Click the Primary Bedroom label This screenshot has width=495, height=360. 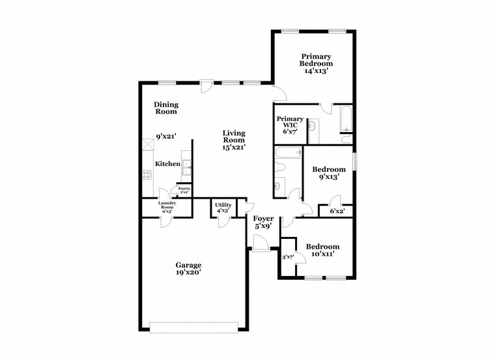point(316,63)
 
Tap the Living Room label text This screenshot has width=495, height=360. point(234,139)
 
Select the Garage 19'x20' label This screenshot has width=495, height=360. point(188,269)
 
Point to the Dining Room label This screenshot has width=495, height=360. point(166,108)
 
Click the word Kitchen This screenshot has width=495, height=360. point(167,164)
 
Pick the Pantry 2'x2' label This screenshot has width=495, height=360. point(184,190)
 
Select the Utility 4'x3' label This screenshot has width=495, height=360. point(223,207)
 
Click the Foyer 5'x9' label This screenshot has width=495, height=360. point(263,222)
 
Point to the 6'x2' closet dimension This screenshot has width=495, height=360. point(337,211)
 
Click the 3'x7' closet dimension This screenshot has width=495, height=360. point(288,257)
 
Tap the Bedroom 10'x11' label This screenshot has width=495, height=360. point(322,250)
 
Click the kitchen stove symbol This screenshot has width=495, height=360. point(147,174)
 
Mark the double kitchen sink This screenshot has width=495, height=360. point(186,167)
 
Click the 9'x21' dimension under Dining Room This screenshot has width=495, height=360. point(166,137)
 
